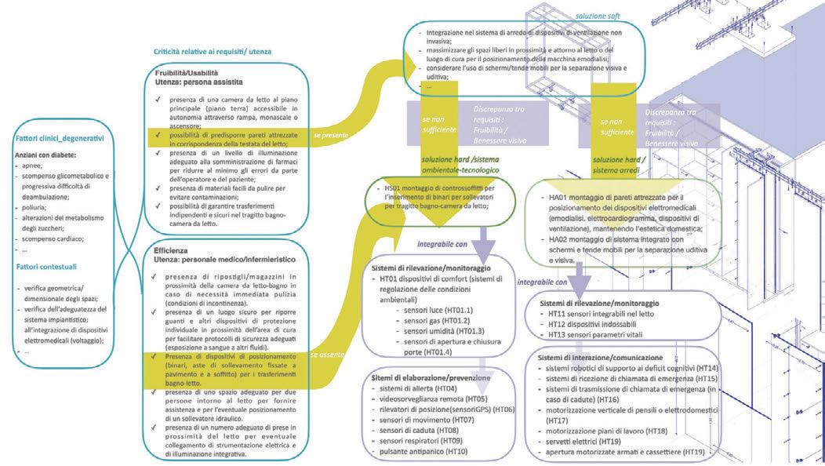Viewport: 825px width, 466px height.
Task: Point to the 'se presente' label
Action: click(x=329, y=135)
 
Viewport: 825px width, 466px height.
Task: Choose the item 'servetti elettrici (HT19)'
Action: click(x=595, y=442)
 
